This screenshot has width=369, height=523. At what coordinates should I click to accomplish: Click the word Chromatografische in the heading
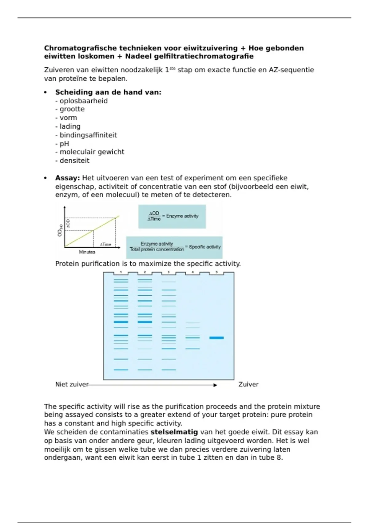81,48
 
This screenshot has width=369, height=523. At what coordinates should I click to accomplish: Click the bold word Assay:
67,178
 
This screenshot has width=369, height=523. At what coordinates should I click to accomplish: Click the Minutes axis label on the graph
87,252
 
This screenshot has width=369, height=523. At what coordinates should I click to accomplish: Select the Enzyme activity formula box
172,217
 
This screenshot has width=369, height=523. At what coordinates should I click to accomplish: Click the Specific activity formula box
174,247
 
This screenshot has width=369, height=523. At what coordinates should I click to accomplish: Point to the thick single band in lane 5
216,338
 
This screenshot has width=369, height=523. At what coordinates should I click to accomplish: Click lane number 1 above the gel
121,272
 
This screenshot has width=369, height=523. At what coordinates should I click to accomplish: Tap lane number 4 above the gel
192,272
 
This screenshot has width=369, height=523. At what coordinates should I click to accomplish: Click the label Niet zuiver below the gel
72,384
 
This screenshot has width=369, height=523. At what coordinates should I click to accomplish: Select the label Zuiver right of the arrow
248,384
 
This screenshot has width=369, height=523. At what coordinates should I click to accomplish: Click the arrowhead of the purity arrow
216,385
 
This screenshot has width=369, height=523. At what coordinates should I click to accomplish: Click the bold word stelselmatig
174,432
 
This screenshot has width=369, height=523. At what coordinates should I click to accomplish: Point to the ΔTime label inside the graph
105,245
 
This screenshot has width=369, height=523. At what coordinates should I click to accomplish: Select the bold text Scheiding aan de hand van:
108,92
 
